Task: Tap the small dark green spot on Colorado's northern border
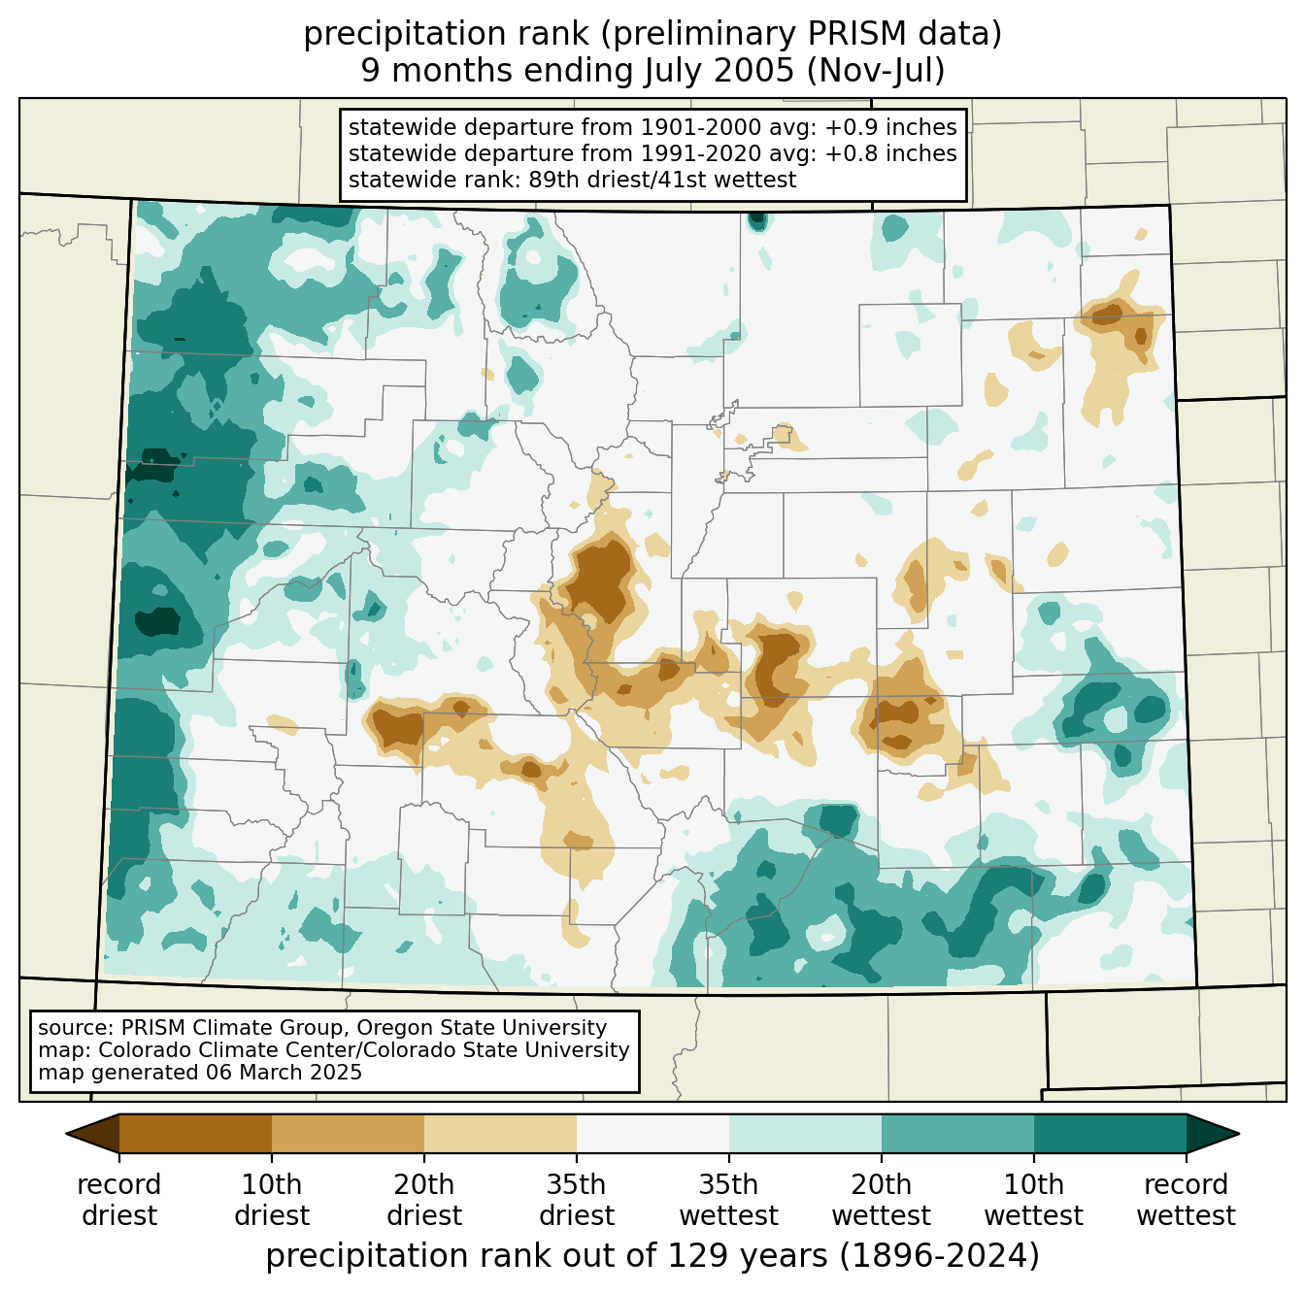pos(757,220)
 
